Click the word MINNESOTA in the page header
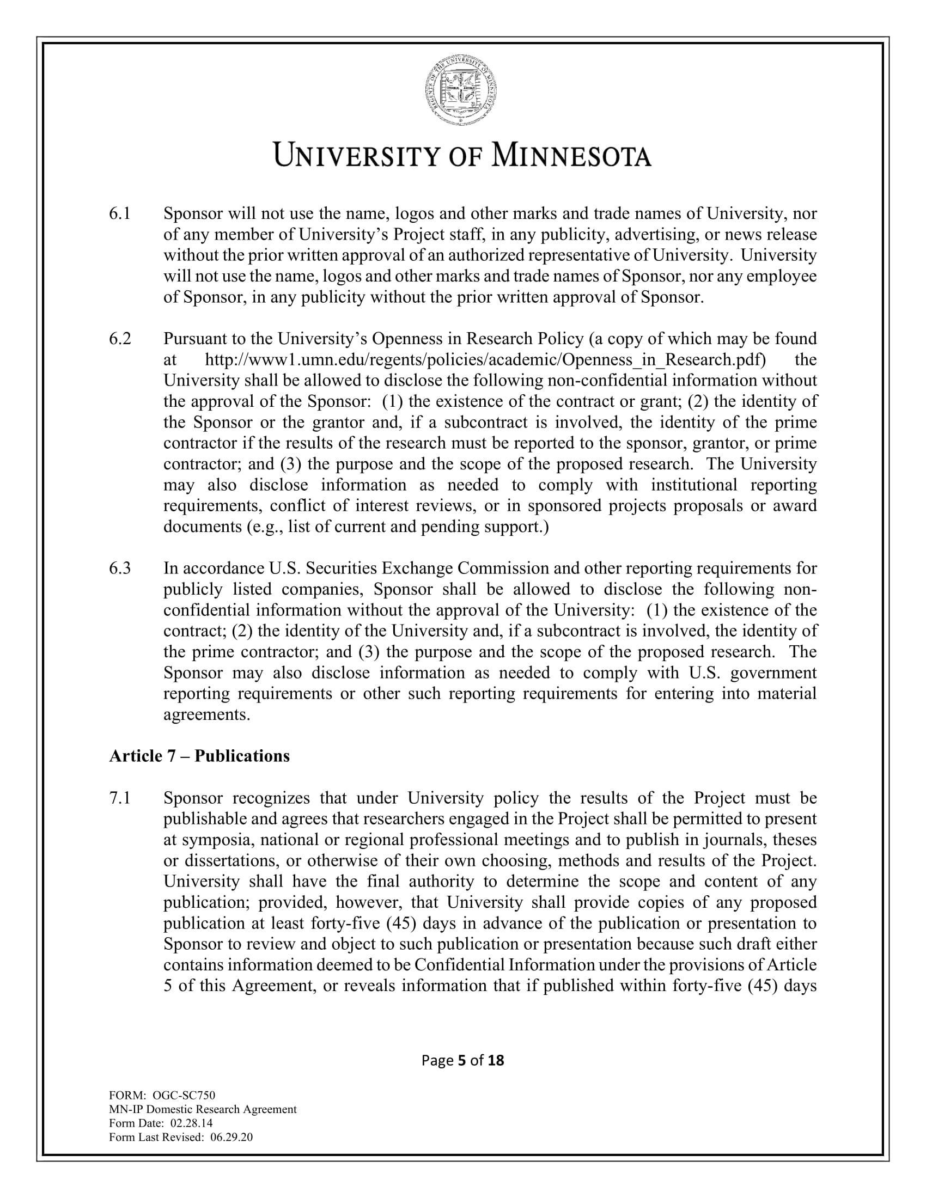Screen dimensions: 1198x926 [x=571, y=156]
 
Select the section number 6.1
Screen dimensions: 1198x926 [x=120, y=214]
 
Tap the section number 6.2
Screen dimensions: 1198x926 [x=120, y=339]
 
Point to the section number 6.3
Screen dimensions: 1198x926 [x=120, y=569]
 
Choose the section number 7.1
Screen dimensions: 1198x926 [x=120, y=798]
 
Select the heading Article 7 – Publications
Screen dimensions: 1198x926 [x=199, y=756]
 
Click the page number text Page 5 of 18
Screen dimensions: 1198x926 [x=462, y=1060]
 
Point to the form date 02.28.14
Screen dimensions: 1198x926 [x=191, y=1123]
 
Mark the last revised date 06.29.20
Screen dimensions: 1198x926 [x=231, y=1136]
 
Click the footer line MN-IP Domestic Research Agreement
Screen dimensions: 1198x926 [x=203, y=1110]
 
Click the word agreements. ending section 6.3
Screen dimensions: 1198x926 [x=207, y=714]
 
